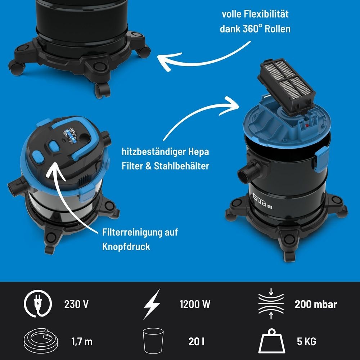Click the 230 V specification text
pos(76,305)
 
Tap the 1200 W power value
pos(195,305)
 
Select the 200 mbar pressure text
pos(316,305)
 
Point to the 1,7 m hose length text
pos(82,342)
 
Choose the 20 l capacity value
pos(196,342)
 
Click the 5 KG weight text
pos(306,342)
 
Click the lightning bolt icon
pos(152,303)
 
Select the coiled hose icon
pos(41,341)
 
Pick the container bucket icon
pos(153,341)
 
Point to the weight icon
pos(271,341)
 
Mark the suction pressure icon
pos(271,303)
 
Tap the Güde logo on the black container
pos(263,201)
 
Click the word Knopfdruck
pos(126,247)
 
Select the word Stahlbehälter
pos(181,166)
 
